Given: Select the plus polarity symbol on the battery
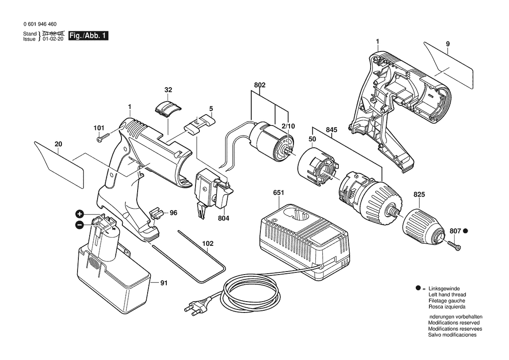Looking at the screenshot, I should pyautogui.click(x=80, y=214).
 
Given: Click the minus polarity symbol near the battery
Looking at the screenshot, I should pyautogui.click(x=79, y=225).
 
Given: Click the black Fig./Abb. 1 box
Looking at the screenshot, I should pyautogui.click(x=88, y=36).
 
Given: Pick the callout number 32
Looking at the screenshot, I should pyautogui.click(x=169, y=90).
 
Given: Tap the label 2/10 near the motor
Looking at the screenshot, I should pyautogui.click(x=288, y=126).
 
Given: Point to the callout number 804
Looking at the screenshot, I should pyautogui.click(x=223, y=218).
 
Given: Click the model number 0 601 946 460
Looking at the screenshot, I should pyautogui.click(x=40, y=24).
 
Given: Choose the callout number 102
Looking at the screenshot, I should pyautogui.click(x=208, y=244).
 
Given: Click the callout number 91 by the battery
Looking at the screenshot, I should pyautogui.click(x=163, y=283).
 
